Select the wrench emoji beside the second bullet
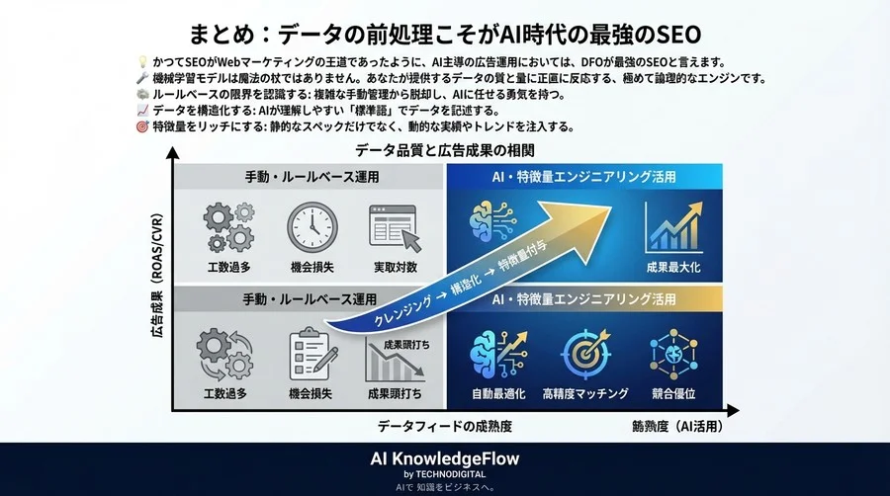[x=142, y=78]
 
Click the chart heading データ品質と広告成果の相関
[x=444, y=150]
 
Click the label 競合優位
[x=673, y=393]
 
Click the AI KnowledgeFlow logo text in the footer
[x=444, y=458]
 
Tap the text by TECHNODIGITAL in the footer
[x=444, y=474]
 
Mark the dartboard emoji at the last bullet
[x=142, y=126]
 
